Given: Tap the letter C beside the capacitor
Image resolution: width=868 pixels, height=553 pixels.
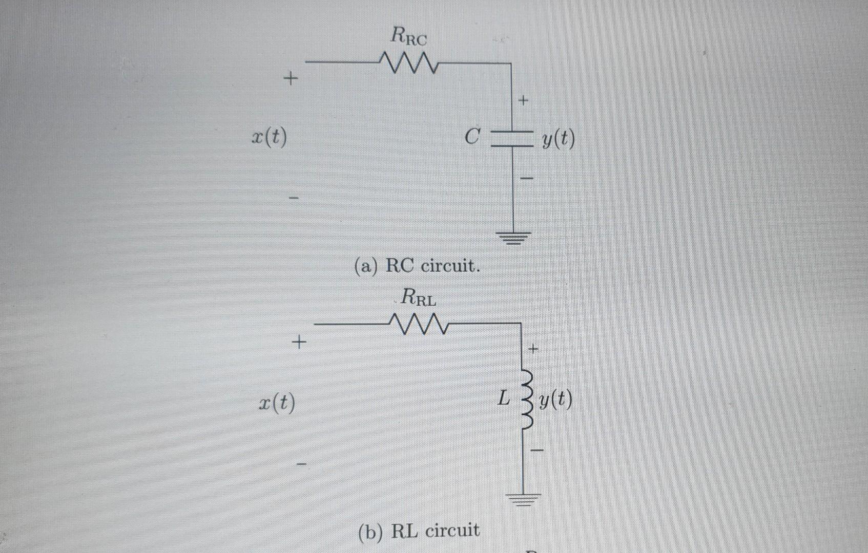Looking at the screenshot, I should pyautogui.click(x=472, y=137).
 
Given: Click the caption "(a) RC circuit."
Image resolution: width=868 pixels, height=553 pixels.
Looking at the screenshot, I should pyautogui.click(x=417, y=266).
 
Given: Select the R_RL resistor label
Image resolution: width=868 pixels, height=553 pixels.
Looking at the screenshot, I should pyautogui.click(x=418, y=297).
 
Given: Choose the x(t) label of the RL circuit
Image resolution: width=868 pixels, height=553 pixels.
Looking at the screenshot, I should pyautogui.click(x=277, y=403).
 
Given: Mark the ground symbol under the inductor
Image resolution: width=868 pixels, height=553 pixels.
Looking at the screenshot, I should pyautogui.click(x=524, y=498).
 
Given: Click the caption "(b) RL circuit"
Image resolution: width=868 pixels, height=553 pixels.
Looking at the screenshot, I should pyautogui.click(x=419, y=531).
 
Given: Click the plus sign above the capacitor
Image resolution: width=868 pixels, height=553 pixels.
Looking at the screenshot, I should pyautogui.click(x=523, y=101).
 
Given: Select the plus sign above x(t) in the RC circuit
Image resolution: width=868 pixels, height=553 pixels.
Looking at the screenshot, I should pyautogui.click(x=291, y=79).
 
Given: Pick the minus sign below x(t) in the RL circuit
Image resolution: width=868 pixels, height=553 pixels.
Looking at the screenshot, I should pyautogui.click(x=302, y=464).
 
